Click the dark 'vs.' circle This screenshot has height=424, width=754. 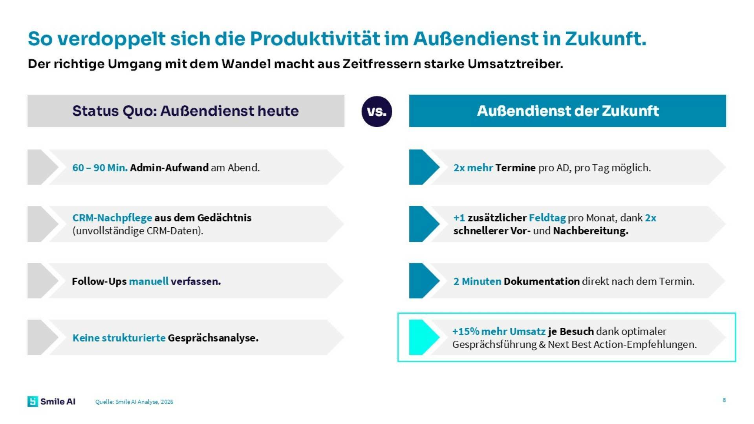(x=377, y=111)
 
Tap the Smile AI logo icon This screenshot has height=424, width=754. (x=33, y=401)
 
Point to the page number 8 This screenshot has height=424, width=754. (x=724, y=400)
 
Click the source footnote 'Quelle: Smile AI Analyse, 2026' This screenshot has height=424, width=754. (x=134, y=402)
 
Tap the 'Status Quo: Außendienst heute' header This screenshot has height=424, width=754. (x=185, y=111)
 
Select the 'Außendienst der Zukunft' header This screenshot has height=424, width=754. (x=567, y=111)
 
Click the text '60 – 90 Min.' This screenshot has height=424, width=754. (x=100, y=168)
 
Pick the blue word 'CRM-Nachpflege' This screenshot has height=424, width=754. (x=112, y=217)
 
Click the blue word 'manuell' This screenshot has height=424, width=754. (x=148, y=281)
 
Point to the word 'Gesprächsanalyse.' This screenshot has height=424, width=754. (x=213, y=338)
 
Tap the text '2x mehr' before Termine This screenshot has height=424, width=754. (x=473, y=168)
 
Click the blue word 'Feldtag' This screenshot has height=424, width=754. (x=547, y=217)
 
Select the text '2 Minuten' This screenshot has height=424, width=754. (x=477, y=281)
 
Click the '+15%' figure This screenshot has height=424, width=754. (x=465, y=331)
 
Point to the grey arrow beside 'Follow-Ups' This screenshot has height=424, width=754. (x=41, y=281)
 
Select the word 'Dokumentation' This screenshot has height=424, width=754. (x=541, y=281)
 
